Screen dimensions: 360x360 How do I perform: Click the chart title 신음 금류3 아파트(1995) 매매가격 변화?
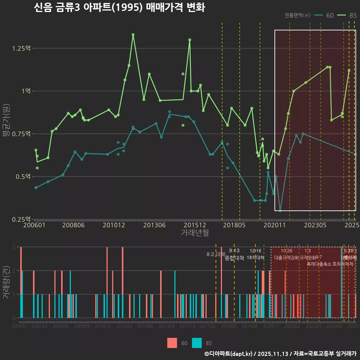(x=119, y=7)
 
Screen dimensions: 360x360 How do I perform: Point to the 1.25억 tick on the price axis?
(x=22, y=48)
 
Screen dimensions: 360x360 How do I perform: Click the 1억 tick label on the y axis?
(x=25, y=91)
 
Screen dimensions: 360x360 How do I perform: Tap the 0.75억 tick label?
(x=22, y=134)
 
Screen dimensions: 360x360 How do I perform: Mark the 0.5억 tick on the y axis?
(x=24, y=177)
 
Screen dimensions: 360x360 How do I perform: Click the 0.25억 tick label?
(x=22, y=219)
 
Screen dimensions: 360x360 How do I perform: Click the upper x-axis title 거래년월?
(x=195, y=233)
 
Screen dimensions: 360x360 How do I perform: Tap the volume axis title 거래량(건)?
(x=6, y=282)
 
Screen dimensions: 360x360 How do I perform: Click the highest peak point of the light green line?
(x=133, y=34)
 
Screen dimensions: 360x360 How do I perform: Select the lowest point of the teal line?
(x=280, y=211)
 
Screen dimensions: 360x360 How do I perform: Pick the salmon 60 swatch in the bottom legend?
(x=172, y=343)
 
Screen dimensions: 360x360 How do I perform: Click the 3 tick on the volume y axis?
(x=13, y=247)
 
